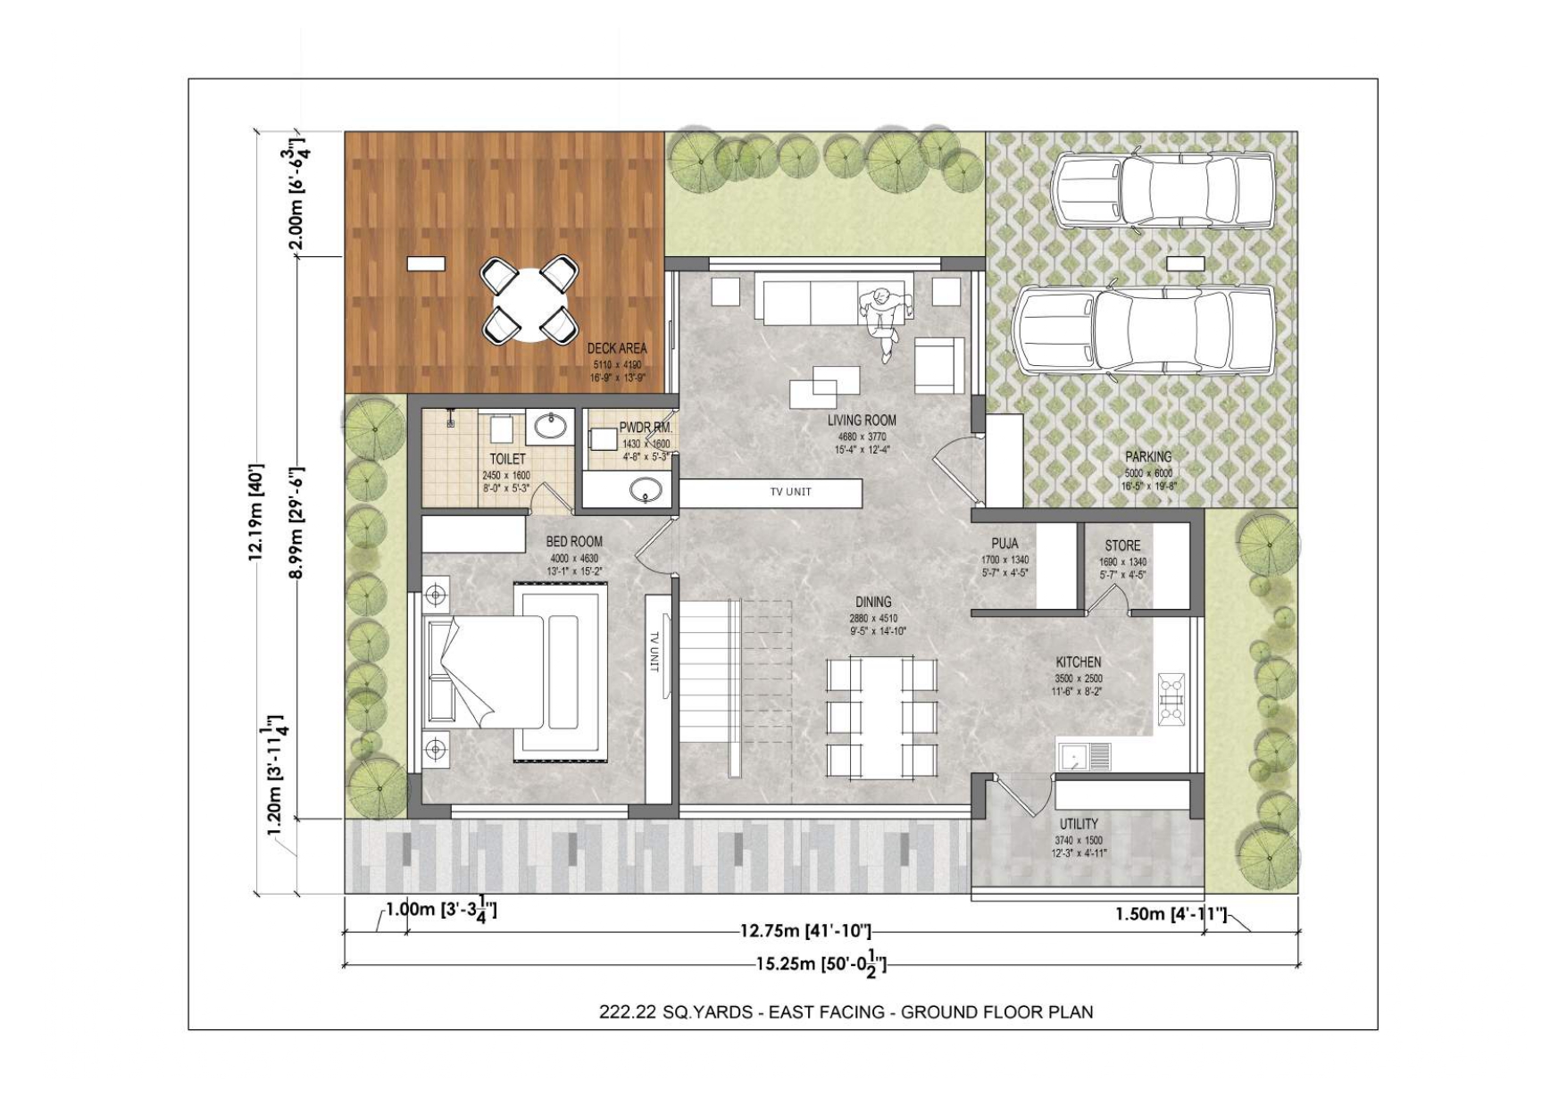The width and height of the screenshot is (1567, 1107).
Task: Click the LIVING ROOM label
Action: pos(861,420)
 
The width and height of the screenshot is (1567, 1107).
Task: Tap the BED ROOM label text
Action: pos(574,541)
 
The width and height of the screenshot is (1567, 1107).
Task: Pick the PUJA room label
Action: pos(1004,544)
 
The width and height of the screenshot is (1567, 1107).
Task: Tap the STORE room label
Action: pos(1122,545)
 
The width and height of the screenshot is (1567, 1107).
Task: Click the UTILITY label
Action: pos(1079,824)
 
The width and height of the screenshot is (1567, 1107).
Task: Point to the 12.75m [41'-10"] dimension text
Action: pos(805,932)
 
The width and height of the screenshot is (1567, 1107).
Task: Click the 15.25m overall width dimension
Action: pos(821,964)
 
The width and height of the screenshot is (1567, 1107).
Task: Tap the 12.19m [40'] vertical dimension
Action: pos(256,512)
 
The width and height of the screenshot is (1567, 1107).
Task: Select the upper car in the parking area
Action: pos(1161,190)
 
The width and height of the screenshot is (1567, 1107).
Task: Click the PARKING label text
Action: pos(1148,457)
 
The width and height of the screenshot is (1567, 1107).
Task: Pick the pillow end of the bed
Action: pos(441,671)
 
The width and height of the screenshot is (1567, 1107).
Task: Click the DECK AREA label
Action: pos(617,349)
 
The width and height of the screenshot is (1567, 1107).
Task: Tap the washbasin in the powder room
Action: pos(645,490)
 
